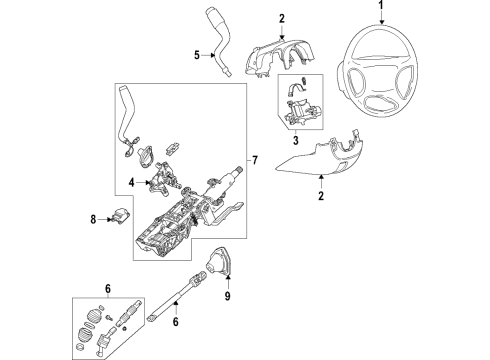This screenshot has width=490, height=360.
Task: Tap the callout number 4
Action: pos(131,181)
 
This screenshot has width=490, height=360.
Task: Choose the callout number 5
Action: pos(197,54)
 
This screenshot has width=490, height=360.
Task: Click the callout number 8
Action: pos(94,218)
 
